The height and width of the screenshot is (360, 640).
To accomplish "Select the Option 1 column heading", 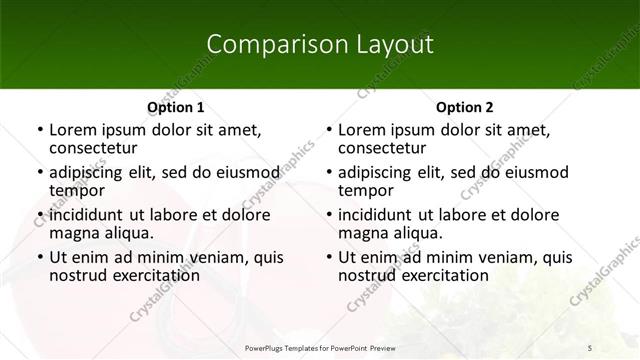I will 176,107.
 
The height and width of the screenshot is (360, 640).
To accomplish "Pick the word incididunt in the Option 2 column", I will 378,215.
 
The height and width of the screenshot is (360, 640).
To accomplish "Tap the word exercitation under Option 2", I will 441,275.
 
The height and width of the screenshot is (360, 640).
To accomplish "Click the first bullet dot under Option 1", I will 39,131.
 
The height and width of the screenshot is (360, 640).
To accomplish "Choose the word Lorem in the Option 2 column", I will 361,130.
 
